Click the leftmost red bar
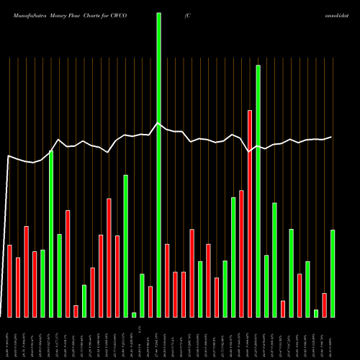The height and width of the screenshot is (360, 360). [x=10, y=281]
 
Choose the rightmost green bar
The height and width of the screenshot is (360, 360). [x=333, y=273]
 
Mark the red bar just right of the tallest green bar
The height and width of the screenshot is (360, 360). [x=167, y=280]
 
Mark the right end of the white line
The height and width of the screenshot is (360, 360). [x=331, y=137]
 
